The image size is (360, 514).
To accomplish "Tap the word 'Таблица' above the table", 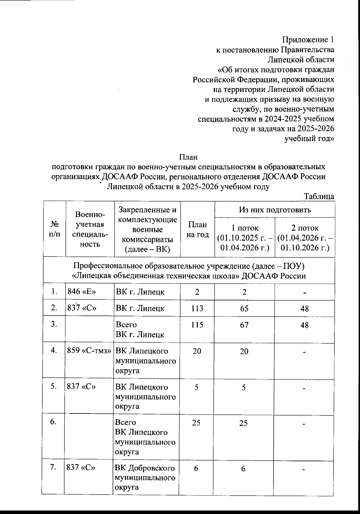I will point(319,197).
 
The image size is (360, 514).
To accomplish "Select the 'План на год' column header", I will point(197,230).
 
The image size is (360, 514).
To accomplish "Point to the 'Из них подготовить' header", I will point(274,209).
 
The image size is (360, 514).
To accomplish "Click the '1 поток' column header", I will point(244,238).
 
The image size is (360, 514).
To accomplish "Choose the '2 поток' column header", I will point(305,238).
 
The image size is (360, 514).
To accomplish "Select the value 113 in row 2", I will point(197,308).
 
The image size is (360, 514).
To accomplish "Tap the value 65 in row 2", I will point(244,308).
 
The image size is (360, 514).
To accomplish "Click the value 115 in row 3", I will point(197,325).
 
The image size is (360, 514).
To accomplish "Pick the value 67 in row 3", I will point(244,325).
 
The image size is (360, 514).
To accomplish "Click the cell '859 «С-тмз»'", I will point(89,351).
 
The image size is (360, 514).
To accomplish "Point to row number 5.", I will point(54,386).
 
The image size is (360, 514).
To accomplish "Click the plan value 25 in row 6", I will point(196,423).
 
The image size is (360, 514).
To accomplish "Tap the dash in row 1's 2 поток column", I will point(304,292).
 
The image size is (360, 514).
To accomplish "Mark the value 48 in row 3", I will point(304,325).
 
